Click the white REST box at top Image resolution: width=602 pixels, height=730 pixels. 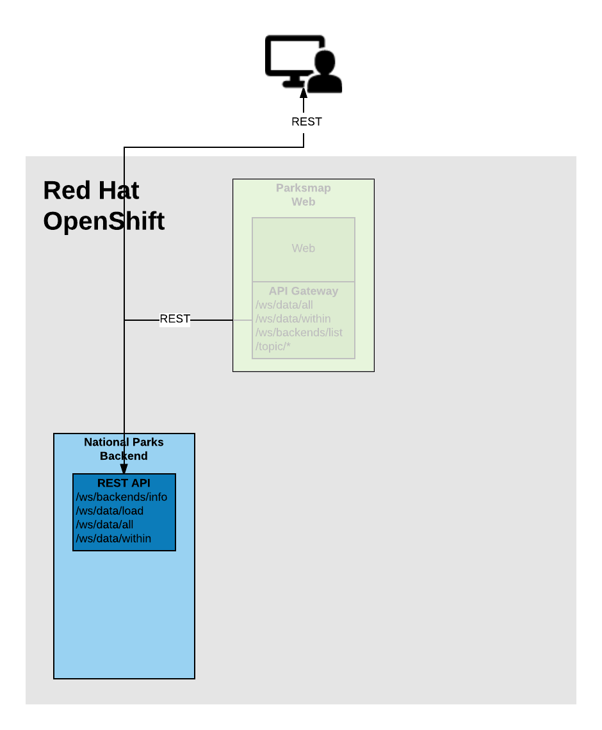(x=306, y=122)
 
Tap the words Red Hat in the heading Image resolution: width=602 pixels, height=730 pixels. (x=91, y=190)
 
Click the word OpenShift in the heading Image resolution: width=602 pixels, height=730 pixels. (x=104, y=222)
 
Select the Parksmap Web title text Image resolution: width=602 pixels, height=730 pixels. (x=303, y=195)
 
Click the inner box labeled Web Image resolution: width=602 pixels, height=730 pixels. (x=303, y=248)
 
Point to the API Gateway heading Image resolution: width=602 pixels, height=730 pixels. (x=303, y=291)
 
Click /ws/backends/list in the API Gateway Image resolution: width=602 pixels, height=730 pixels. (x=299, y=332)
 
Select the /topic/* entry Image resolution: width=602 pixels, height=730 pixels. (x=273, y=346)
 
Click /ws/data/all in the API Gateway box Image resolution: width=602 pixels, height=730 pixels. (x=284, y=305)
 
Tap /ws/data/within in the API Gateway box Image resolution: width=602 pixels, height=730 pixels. (x=293, y=318)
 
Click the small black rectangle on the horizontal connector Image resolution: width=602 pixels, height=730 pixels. (x=175, y=320)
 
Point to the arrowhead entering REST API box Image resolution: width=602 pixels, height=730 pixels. (x=124, y=469)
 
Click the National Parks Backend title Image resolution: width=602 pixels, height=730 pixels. (x=124, y=449)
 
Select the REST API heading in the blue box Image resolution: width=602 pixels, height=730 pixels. (x=124, y=483)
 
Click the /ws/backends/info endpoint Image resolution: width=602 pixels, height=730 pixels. (x=122, y=497)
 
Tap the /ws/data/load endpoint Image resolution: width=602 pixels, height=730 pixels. (x=110, y=511)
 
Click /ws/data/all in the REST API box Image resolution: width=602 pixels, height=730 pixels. (x=105, y=524)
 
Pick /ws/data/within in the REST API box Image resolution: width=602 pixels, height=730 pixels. (x=114, y=539)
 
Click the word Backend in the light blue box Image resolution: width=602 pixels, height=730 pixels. (x=124, y=456)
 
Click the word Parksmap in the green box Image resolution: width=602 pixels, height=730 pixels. (x=303, y=188)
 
